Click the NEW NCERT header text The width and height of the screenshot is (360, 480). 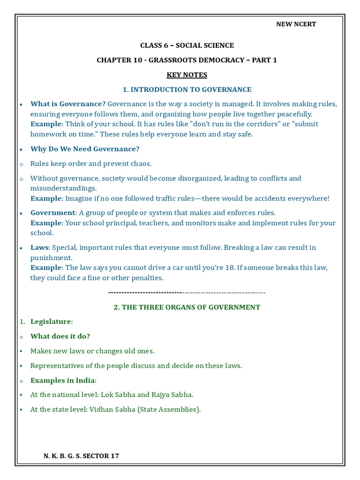click(x=296, y=24)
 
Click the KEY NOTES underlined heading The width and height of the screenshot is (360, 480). click(x=187, y=75)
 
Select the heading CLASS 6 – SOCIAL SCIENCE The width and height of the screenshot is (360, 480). click(x=187, y=45)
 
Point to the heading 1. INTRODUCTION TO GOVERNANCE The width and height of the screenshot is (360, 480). click(x=187, y=90)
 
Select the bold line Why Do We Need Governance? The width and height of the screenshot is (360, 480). click(x=85, y=149)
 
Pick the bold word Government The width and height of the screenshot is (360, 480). click(x=53, y=213)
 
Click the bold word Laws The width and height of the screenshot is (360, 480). click(x=39, y=247)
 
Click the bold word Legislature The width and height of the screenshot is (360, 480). click(x=51, y=322)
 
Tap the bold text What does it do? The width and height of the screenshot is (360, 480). click(x=60, y=336)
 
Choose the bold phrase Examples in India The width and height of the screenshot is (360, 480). click(x=62, y=380)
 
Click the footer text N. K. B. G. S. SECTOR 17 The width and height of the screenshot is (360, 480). click(x=81, y=456)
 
